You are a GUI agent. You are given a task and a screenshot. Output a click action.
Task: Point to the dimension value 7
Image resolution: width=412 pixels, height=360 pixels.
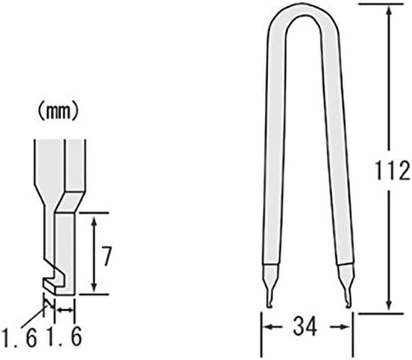[x=106, y=256]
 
